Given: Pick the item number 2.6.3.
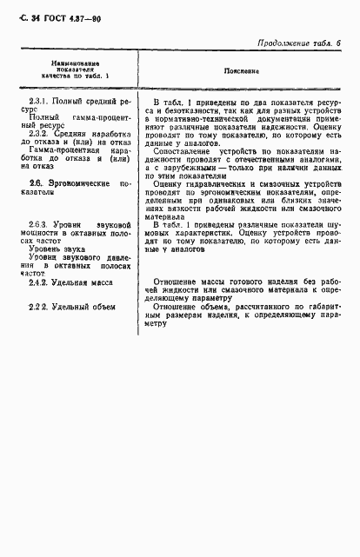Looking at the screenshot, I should [40, 225].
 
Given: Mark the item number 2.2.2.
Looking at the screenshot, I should [41, 308].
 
